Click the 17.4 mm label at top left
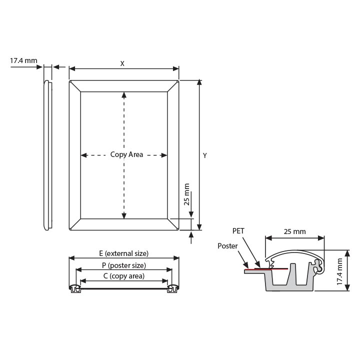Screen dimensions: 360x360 (x=23, y=60)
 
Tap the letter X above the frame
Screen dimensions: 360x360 (x=122, y=63)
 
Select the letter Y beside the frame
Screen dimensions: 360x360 (x=205, y=155)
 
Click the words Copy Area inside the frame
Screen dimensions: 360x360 (x=126, y=154)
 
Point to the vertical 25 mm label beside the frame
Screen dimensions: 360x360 (x=186, y=194)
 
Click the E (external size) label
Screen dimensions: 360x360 (x=124, y=253)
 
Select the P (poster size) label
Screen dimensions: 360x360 (x=124, y=265)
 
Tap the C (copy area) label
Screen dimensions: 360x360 (x=124, y=276)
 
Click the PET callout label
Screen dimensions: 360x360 (x=238, y=230)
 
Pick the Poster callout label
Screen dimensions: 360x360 (x=227, y=246)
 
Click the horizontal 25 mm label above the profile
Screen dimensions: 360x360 (x=295, y=231)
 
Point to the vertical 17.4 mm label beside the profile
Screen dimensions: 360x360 (x=339, y=272)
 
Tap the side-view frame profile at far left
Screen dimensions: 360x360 (x=48, y=155)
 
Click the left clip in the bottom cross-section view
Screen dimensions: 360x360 (x=75, y=288)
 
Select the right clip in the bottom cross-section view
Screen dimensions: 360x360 (x=173, y=288)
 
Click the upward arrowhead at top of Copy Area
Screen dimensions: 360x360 (x=124, y=95)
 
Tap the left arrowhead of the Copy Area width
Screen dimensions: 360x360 (x=84, y=155)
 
